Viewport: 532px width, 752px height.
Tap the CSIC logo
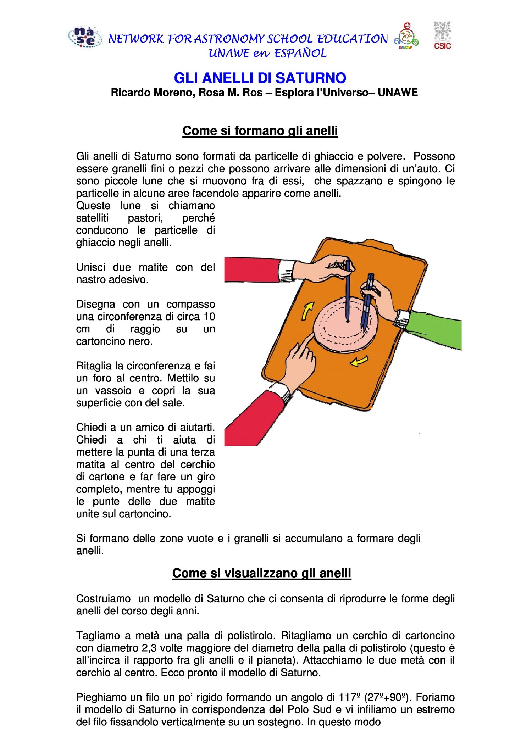(442, 35)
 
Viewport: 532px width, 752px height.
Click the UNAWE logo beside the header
(406, 37)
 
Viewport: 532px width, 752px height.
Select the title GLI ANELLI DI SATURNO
(260, 78)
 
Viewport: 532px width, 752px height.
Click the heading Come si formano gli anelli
(260, 131)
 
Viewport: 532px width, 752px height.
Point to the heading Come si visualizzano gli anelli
(261, 573)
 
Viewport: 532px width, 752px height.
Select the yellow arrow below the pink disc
(359, 362)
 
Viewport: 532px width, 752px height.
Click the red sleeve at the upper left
(252, 269)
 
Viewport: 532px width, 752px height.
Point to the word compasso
(190, 304)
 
